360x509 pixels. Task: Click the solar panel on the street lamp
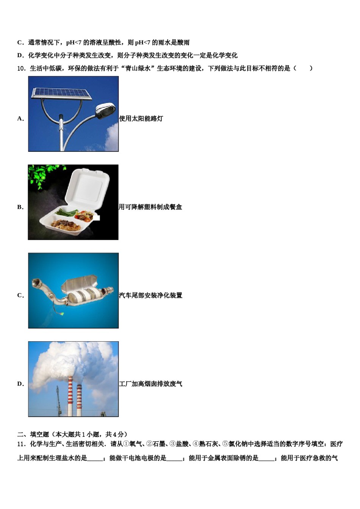point(61,94)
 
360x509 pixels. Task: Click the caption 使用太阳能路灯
point(141,119)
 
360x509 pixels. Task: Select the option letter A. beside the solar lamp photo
point(20,119)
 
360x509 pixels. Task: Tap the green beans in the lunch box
point(66,212)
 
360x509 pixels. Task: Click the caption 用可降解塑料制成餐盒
point(150,207)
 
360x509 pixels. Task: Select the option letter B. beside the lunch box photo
point(20,207)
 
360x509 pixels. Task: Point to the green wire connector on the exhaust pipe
point(62,314)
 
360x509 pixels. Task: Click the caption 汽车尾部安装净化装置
point(150,295)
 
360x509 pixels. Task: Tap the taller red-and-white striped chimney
point(70,396)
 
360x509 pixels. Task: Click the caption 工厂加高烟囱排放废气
point(150,384)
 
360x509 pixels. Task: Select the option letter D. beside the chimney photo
point(20,384)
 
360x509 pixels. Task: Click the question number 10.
point(22,68)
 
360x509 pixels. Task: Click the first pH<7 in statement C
point(74,42)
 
